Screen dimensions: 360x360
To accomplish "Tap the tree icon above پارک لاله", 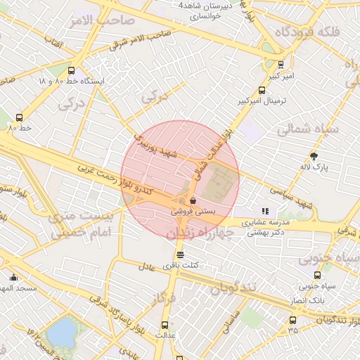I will point(314,156).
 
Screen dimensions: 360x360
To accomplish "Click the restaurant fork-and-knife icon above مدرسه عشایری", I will point(265,210).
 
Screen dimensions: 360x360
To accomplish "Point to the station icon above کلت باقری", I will point(181,255).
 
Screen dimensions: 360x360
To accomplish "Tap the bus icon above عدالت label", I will point(165,325).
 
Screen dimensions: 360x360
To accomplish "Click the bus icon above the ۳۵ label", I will point(292,320).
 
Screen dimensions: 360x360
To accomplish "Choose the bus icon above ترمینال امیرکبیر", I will point(262,90).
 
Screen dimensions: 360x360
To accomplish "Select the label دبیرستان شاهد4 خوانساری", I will point(210,9).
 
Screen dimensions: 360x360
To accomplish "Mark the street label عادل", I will point(146,266).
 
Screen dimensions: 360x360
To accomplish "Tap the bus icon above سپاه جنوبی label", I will point(317,276).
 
